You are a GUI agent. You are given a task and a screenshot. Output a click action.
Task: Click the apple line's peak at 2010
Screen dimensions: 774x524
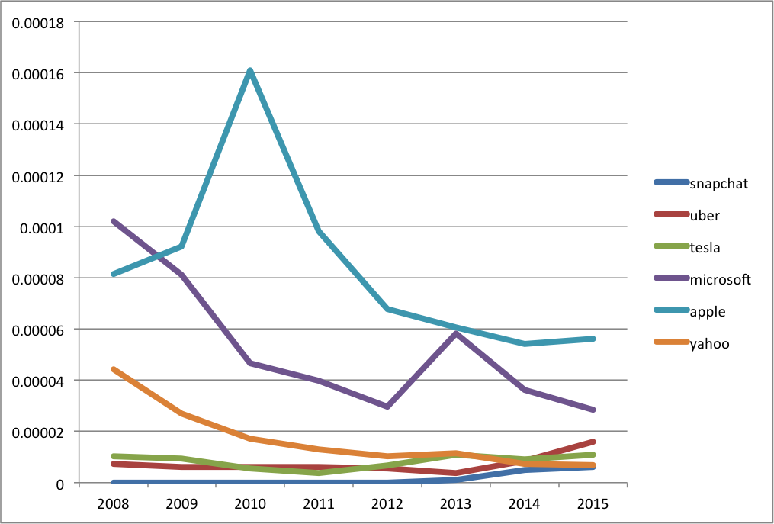click(250, 71)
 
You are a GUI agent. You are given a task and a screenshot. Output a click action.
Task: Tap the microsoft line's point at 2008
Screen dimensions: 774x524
click(114, 221)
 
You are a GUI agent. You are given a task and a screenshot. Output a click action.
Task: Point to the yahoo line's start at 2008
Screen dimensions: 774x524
click(114, 369)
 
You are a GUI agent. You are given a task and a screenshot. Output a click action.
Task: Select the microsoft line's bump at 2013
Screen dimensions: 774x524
click(456, 334)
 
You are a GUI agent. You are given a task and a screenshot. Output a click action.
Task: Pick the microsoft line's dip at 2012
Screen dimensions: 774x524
click(387, 407)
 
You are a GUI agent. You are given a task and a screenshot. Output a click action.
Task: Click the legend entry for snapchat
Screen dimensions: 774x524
click(701, 184)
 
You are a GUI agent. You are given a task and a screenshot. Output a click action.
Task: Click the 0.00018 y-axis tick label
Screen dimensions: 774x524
click(37, 23)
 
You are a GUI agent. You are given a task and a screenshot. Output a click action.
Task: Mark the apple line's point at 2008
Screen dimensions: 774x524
click(114, 274)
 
